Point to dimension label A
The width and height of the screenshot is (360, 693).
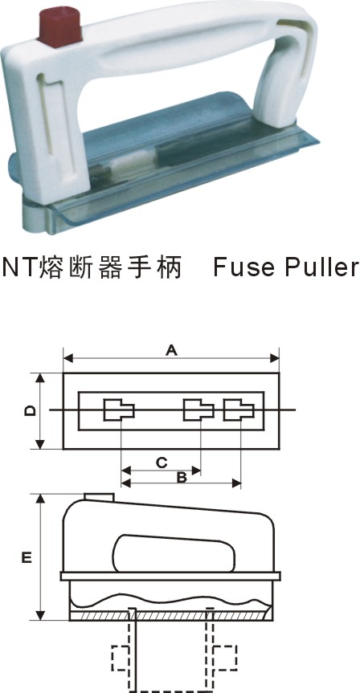pyautogui.click(x=171, y=350)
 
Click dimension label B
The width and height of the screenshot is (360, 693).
pyautogui.click(x=182, y=477)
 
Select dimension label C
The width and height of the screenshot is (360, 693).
pyautogui.click(x=162, y=463)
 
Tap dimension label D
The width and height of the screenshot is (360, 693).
pyautogui.click(x=30, y=411)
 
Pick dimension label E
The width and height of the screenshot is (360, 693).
pyautogui.click(x=27, y=558)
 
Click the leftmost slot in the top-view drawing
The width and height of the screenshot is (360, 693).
pyautogui.click(x=119, y=410)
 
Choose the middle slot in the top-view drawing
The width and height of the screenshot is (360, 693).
pyautogui.click(x=198, y=410)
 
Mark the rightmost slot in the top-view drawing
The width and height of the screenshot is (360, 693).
pyautogui.click(x=239, y=410)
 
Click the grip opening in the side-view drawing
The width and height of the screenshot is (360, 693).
pyautogui.click(x=174, y=553)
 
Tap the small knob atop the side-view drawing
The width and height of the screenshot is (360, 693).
pyautogui.click(x=100, y=497)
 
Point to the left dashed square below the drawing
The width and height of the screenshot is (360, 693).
pyautogui.click(x=120, y=658)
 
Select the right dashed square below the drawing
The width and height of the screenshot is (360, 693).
pyautogui.click(x=225, y=658)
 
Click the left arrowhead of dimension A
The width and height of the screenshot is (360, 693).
pyautogui.click(x=68, y=358)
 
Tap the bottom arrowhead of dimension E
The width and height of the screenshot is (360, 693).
pyautogui.click(x=40, y=615)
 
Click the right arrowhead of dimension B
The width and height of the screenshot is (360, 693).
pyautogui.click(x=236, y=483)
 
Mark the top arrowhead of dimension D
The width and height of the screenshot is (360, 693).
pyautogui.click(x=40, y=378)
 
